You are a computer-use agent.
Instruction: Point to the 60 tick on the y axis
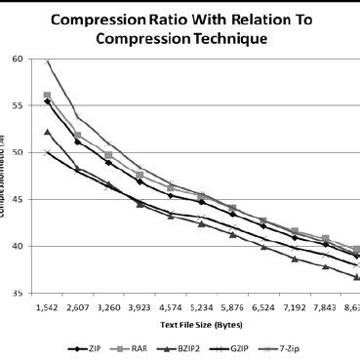click(x=18, y=60)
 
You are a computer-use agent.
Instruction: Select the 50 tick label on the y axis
click(x=18, y=153)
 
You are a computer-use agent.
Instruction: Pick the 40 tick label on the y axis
click(x=18, y=246)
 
